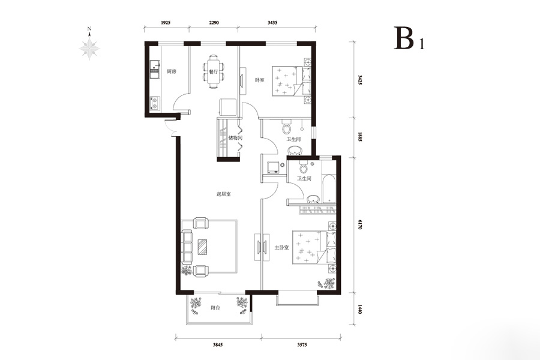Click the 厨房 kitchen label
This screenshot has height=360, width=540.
coord(172,71)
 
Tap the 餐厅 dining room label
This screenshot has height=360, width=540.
coord(214,72)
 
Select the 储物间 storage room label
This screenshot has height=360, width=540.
coord(236,138)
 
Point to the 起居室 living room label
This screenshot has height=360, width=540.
coord(224,194)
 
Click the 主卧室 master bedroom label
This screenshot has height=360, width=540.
coord(281,247)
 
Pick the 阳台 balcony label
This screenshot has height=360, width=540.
coord(215,308)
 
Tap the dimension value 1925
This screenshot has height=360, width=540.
coord(166,23)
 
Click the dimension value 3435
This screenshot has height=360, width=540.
coord(272,23)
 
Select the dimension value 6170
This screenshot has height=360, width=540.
coord(360,224)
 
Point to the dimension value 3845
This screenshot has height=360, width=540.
coord(218,345)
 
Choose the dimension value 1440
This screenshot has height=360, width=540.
coord(360,308)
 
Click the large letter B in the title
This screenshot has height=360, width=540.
coord(404,38)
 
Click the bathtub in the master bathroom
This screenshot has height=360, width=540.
coord(329,188)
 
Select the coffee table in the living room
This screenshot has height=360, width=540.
coord(203,247)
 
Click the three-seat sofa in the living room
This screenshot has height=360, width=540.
coord(187,247)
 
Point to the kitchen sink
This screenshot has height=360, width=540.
coord(155,68)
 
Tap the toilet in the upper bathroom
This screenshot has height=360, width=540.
coord(287,127)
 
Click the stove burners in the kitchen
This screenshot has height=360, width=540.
coord(155,103)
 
